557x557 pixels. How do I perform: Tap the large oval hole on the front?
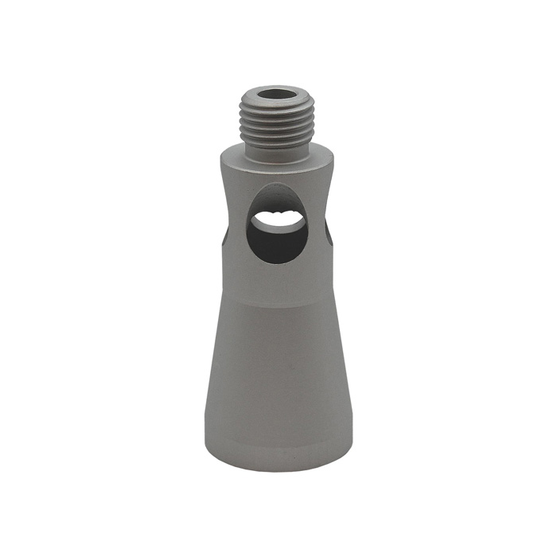pyautogui.click(x=277, y=227)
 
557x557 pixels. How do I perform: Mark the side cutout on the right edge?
pyautogui.click(x=329, y=231)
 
